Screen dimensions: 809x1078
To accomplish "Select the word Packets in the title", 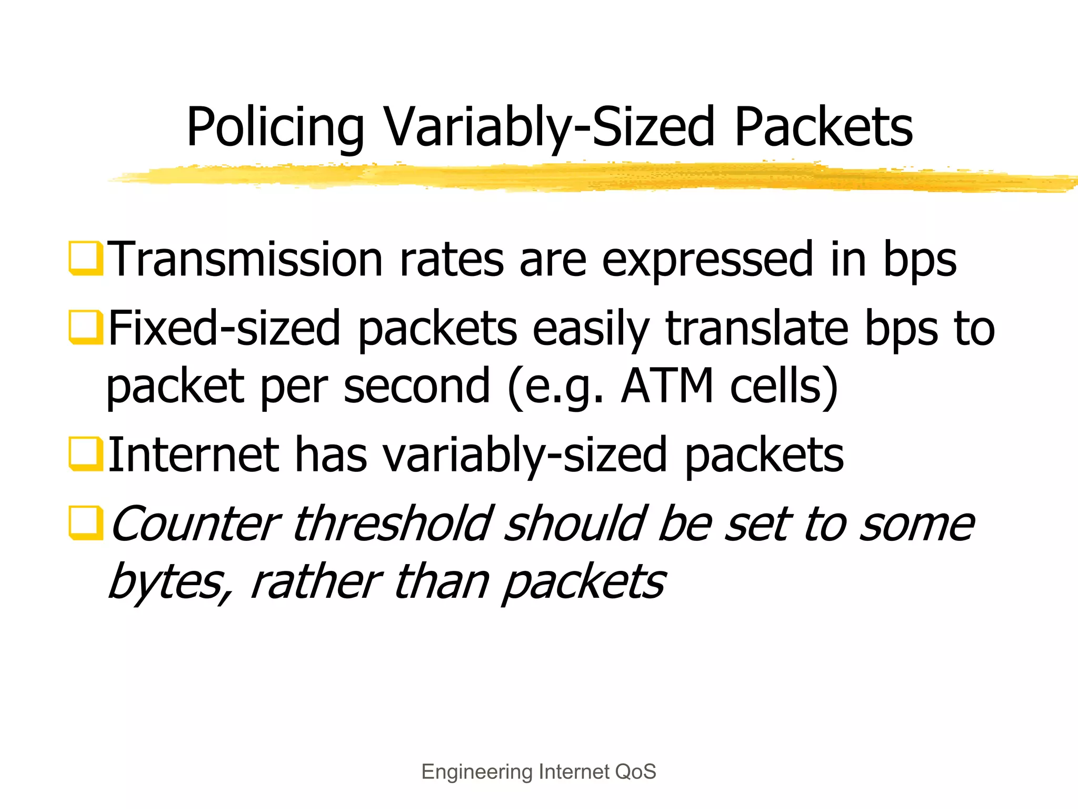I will tap(823, 127).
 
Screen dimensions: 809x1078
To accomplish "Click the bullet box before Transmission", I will tap(85, 258).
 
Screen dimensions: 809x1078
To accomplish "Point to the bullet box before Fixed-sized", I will tap(85, 327).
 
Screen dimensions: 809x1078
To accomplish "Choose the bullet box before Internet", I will tap(85, 454).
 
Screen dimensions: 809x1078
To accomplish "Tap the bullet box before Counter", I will tap(85, 523).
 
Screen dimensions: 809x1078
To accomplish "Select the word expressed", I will tap(707, 260).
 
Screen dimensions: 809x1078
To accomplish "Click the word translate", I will tap(757, 328).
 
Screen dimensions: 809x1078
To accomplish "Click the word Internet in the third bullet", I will tap(193, 454).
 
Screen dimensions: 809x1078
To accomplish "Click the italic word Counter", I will tap(196, 524).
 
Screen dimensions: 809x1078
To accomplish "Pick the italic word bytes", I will tap(169, 582).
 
